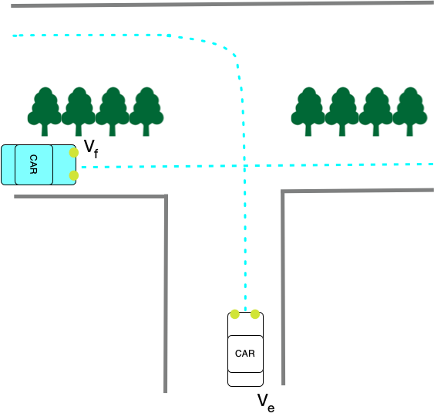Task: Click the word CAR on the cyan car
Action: click(33, 164)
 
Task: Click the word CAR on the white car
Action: click(245, 354)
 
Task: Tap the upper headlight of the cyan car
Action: click(74, 153)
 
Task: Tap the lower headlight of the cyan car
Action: click(74, 176)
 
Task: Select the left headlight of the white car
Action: click(235, 314)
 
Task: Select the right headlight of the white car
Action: click(255, 314)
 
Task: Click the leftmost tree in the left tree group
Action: click(45, 110)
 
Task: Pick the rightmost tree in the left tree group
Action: click(146, 110)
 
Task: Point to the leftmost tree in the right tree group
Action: click(308, 110)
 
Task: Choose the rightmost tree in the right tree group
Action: click(410, 110)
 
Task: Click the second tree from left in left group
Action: click(79, 110)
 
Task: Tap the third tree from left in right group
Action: click(376, 110)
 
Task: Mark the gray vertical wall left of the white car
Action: click(166, 293)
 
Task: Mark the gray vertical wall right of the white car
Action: click(283, 286)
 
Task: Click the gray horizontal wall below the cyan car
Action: click(89, 197)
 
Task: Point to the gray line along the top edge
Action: click(216, 5)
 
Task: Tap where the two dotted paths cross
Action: click(244, 165)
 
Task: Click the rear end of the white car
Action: click(245, 380)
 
